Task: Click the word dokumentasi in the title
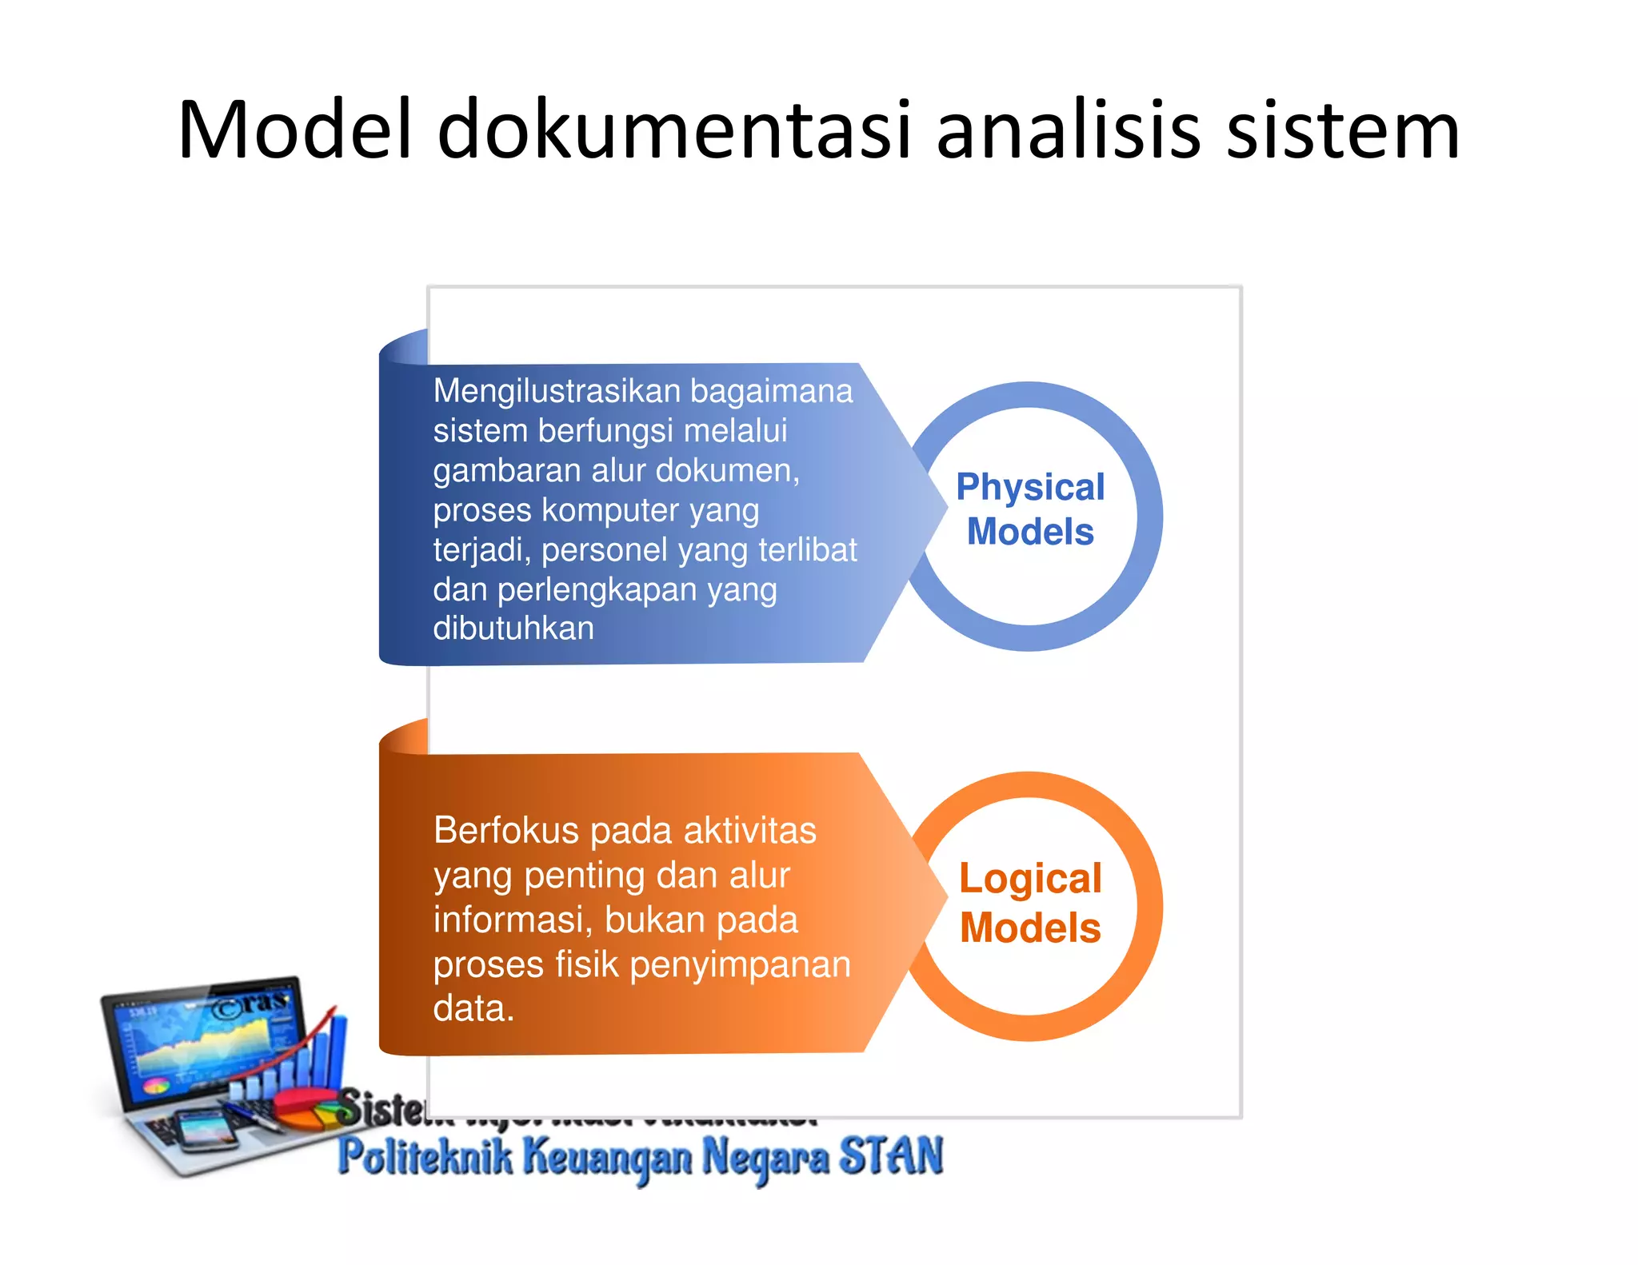[x=674, y=130]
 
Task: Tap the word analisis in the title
[x=1069, y=130]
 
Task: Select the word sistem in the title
[x=1343, y=130]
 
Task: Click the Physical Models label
[x=1030, y=509]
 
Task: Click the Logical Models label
[x=1030, y=903]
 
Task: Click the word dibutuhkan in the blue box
[x=513, y=629]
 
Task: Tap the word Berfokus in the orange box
[x=505, y=831]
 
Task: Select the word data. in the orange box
[x=473, y=1008]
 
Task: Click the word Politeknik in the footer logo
[x=424, y=1157]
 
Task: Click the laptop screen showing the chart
[x=206, y=1040]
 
